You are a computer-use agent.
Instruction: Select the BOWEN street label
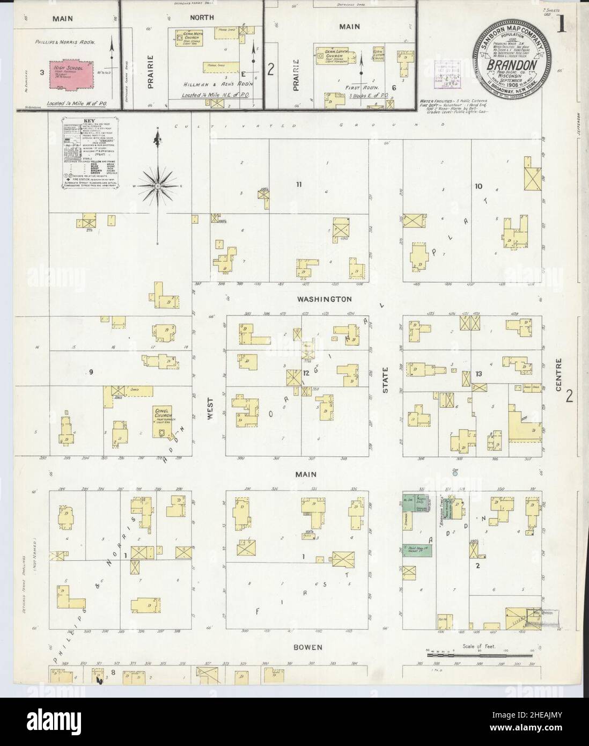pos(308,647)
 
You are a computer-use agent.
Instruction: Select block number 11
pos(299,185)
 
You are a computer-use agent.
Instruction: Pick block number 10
pos(478,186)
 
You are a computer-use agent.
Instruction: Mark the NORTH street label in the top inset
pos(201,17)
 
